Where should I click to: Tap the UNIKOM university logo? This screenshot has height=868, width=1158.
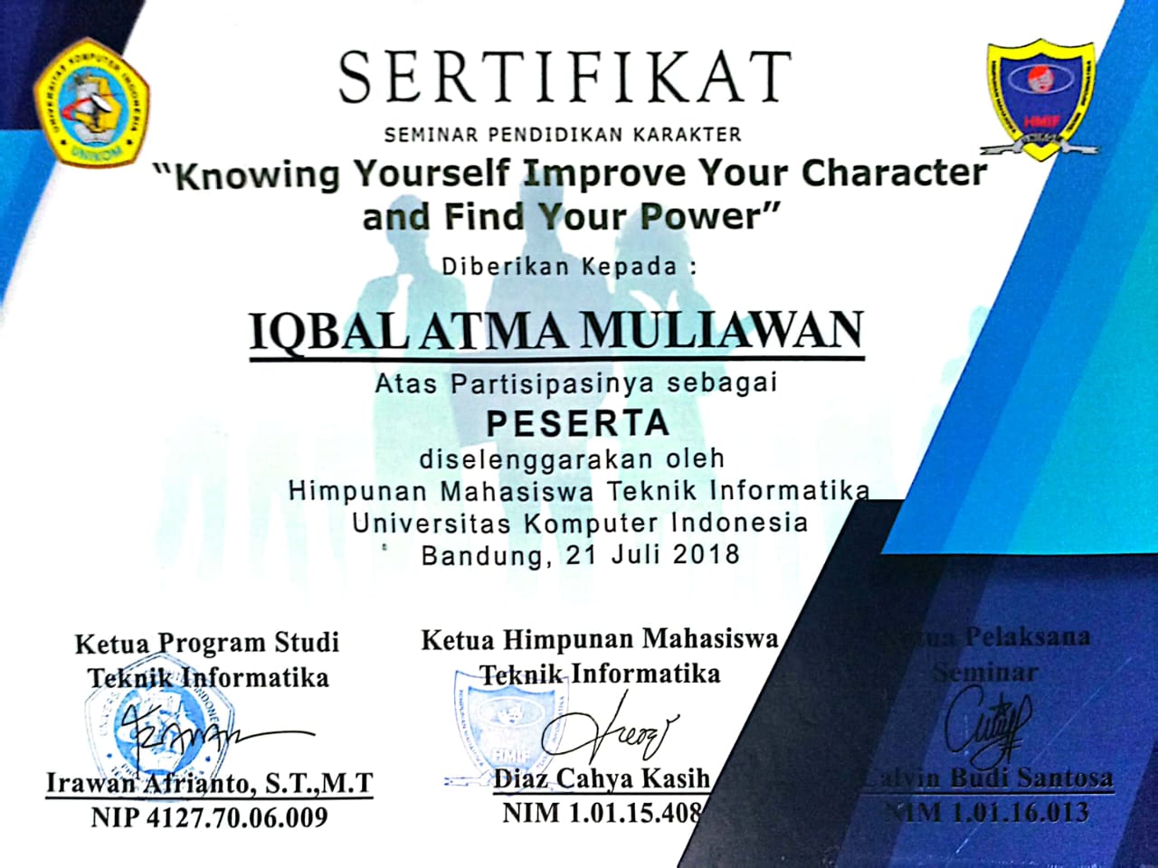91,101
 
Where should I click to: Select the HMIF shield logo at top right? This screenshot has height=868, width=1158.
1039,98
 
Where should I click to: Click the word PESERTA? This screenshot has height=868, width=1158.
577,423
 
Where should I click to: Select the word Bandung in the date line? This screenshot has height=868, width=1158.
482,554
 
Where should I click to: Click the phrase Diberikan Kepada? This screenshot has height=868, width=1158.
570,267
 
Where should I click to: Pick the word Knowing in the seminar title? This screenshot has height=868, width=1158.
256,175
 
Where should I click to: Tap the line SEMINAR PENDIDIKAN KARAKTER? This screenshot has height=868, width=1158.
563,136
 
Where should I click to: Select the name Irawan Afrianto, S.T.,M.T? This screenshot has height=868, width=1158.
210,783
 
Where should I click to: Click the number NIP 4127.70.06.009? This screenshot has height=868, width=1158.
209,818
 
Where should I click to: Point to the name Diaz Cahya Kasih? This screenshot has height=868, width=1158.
602,778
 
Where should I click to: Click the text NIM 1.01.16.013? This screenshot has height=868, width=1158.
986,812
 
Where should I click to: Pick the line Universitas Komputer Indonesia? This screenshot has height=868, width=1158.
580,523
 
